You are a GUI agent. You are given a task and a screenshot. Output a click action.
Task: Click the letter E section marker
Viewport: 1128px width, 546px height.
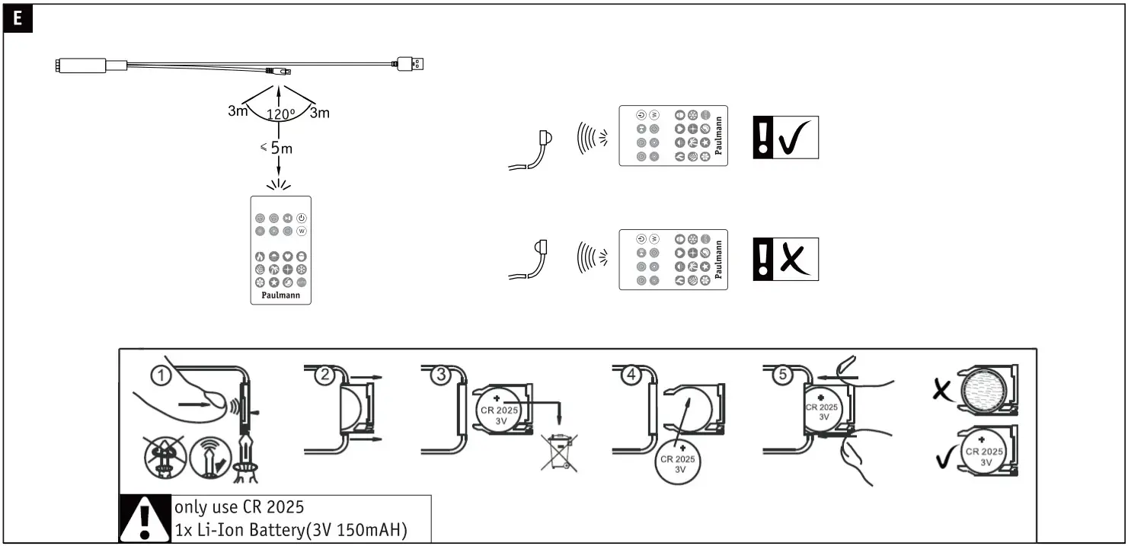[x=18, y=21]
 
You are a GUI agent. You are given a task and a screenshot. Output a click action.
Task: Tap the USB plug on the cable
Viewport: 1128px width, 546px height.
[x=412, y=64]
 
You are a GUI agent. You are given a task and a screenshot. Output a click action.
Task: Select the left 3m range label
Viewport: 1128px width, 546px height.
[x=238, y=111]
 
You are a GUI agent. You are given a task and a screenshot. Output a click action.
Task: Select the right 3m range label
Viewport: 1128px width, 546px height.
[x=319, y=113]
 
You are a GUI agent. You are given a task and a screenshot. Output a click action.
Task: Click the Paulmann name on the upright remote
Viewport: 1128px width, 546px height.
[x=280, y=295]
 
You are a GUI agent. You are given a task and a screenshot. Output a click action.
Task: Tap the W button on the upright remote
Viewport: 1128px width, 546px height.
[x=302, y=231]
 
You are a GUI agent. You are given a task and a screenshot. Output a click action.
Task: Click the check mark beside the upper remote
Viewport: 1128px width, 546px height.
[x=795, y=138]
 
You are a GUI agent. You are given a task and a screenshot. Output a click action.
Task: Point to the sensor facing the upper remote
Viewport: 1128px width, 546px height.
[x=545, y=138]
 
